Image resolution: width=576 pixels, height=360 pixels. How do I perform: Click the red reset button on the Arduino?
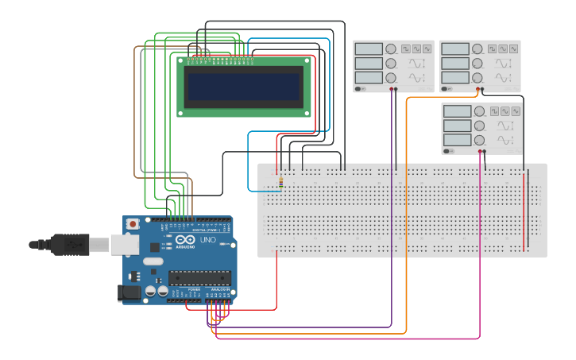[133, 225]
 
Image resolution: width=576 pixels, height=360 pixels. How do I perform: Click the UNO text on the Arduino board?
[207, 240]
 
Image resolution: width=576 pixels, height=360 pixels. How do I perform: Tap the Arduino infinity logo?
[185, 240]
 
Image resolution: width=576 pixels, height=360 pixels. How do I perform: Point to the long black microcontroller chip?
[199, 278]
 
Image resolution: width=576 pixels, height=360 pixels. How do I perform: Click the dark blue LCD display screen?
[243, 87]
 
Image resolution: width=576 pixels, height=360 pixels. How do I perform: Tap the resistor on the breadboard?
[280, 184]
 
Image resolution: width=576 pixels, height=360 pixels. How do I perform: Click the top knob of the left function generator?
[391, 48]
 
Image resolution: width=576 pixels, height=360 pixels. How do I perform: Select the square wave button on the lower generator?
[496, 111]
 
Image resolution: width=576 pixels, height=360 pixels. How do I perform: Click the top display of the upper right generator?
[455, 48]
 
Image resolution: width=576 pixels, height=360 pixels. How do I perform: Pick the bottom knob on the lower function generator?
[480, 141]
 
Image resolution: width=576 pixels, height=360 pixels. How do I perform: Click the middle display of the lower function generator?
[458, 126]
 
